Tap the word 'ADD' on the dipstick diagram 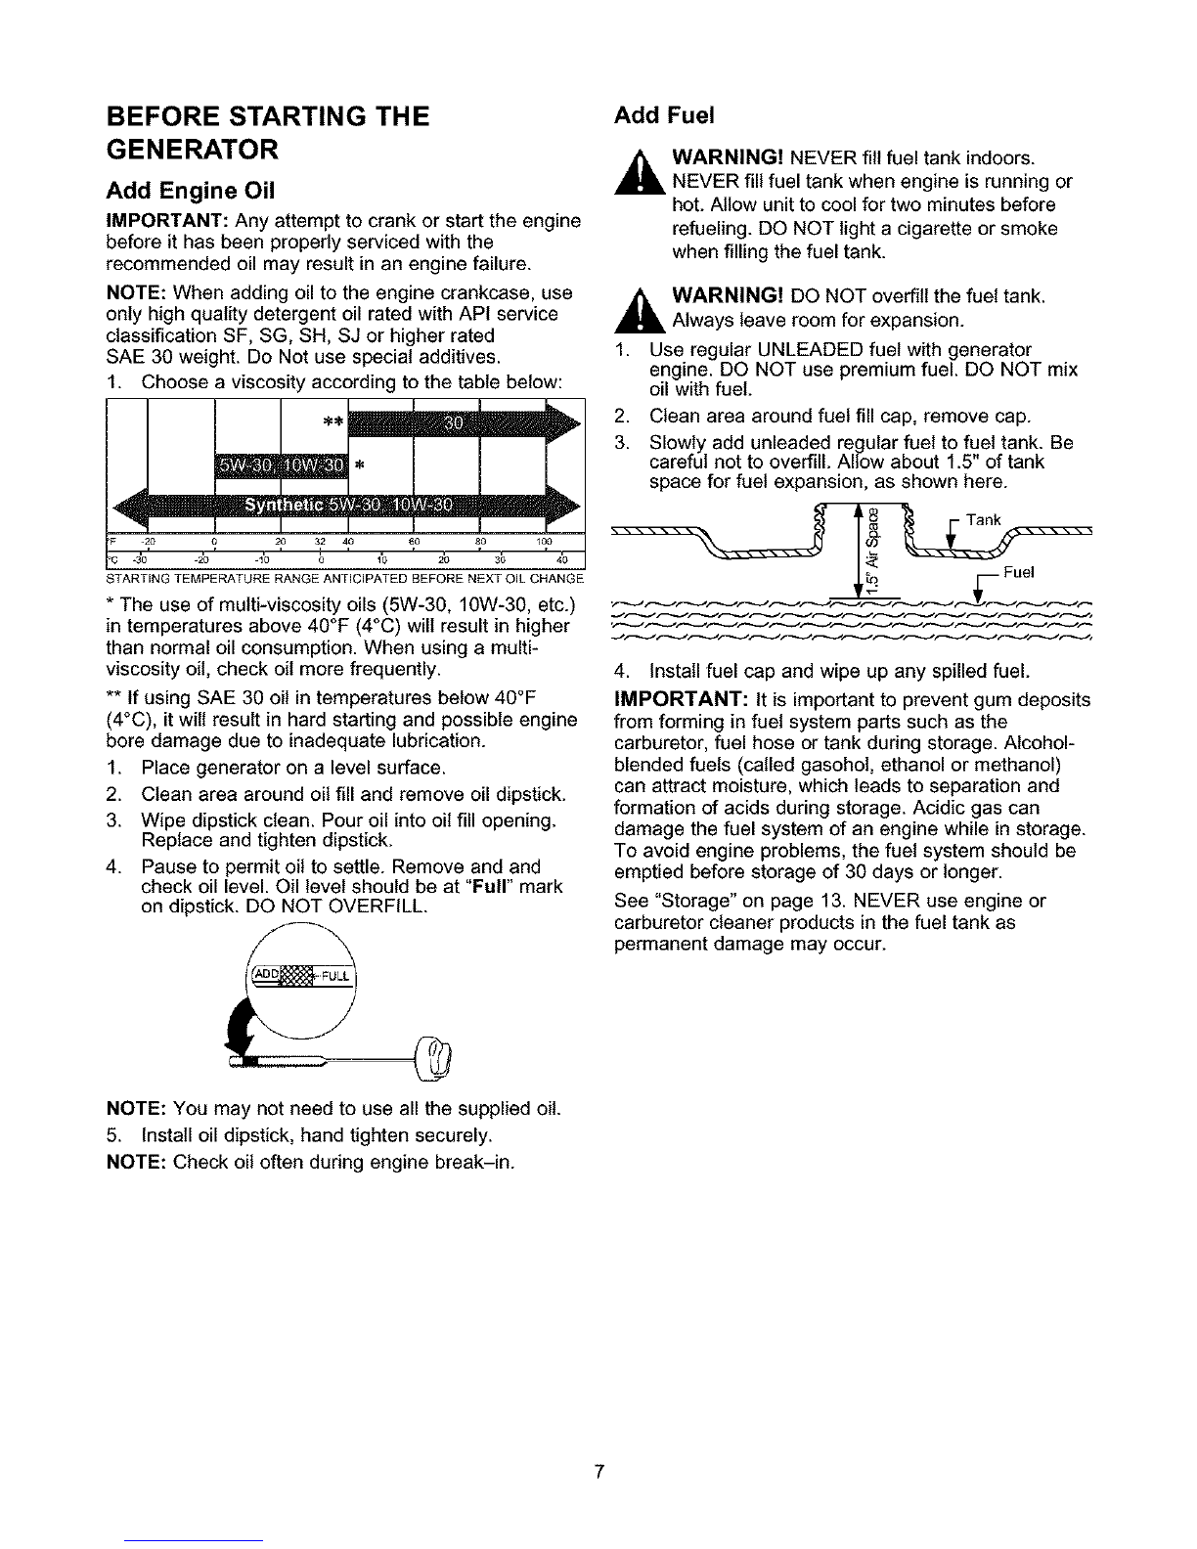pos(266,974)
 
